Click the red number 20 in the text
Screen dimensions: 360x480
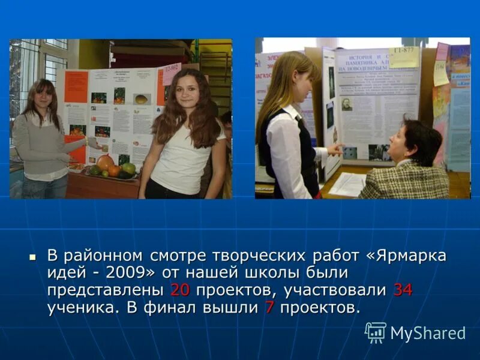(x=180, y=290)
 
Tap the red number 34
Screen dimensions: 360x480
(x=403, y=290)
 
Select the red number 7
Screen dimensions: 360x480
(x=269, y=308)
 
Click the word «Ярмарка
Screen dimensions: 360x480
(x=410, y=255)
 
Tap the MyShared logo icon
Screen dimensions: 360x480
(x=376, y=332)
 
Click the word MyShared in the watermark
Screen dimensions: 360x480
(x=428, y=334)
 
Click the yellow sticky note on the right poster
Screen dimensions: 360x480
(x=404, y=57)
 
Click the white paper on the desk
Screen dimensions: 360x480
(x=347, y=184)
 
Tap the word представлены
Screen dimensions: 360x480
(x=106, y=290)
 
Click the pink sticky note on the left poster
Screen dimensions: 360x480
(x=172, y=73)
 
